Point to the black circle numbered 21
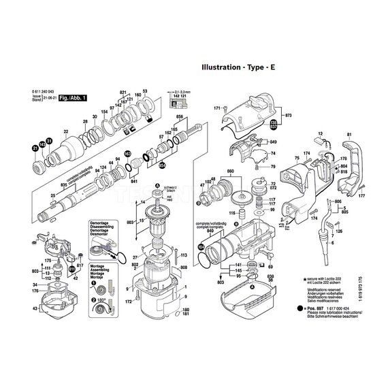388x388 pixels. click(35, 148)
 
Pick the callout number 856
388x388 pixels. click(180, 118)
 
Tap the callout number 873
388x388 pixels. click(289, 116)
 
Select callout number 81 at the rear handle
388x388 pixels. click(349, 136)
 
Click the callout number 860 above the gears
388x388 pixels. click(230, 170)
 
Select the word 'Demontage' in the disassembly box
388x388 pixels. click(100, 223)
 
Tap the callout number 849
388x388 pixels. click(273, 142)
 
